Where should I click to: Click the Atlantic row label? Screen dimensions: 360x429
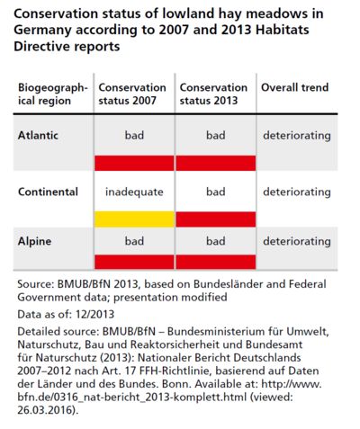coord(38,135)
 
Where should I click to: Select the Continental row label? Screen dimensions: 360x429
coord(48,192)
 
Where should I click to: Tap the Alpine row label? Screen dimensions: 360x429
coord(34,241)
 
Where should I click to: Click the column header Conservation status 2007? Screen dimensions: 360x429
coord(132,94)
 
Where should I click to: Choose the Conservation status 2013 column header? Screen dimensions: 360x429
coord(213,94)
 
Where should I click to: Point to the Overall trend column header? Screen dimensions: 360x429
coord(295,87)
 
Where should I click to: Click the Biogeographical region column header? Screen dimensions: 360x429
coord(53,94)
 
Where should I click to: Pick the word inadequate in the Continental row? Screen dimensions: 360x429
coord(134,192)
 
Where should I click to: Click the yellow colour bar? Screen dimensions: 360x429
coord(134,219)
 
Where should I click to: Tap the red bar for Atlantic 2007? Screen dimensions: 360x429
coord(134,163)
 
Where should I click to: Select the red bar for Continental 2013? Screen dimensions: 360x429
coord(216,219)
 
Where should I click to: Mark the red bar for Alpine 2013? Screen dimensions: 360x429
coord(216,262)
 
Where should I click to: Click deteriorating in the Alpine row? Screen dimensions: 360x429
coord(297,241)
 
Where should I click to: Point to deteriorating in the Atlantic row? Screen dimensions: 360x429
coord(297,136)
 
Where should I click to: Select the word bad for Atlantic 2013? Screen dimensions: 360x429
coord(216,135)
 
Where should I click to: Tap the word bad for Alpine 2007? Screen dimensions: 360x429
coord(134,241)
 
